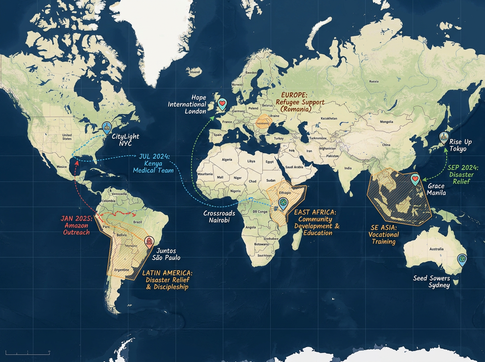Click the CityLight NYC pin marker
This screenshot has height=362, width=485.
[x=106, y=128]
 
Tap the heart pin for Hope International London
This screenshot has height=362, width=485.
[x=221, y=104]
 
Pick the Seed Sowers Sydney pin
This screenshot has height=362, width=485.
[x=461, y=259]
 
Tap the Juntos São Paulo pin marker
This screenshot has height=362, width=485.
[x=149, y=242]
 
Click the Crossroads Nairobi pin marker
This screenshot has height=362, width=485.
[x=283, y=203]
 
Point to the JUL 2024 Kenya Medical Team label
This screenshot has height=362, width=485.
[x=156, y=163]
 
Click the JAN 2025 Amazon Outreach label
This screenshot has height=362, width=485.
[x=76, y=225]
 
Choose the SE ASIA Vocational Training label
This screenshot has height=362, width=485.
[x=384, y=234]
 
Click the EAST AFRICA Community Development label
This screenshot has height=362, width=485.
[x=317, y=222]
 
